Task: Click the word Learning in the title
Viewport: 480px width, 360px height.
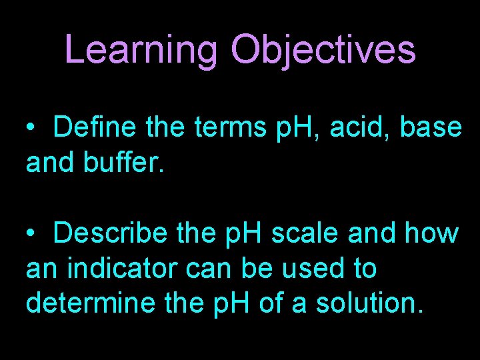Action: click(141, 50)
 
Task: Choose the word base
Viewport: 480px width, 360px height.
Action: click(431, 127)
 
